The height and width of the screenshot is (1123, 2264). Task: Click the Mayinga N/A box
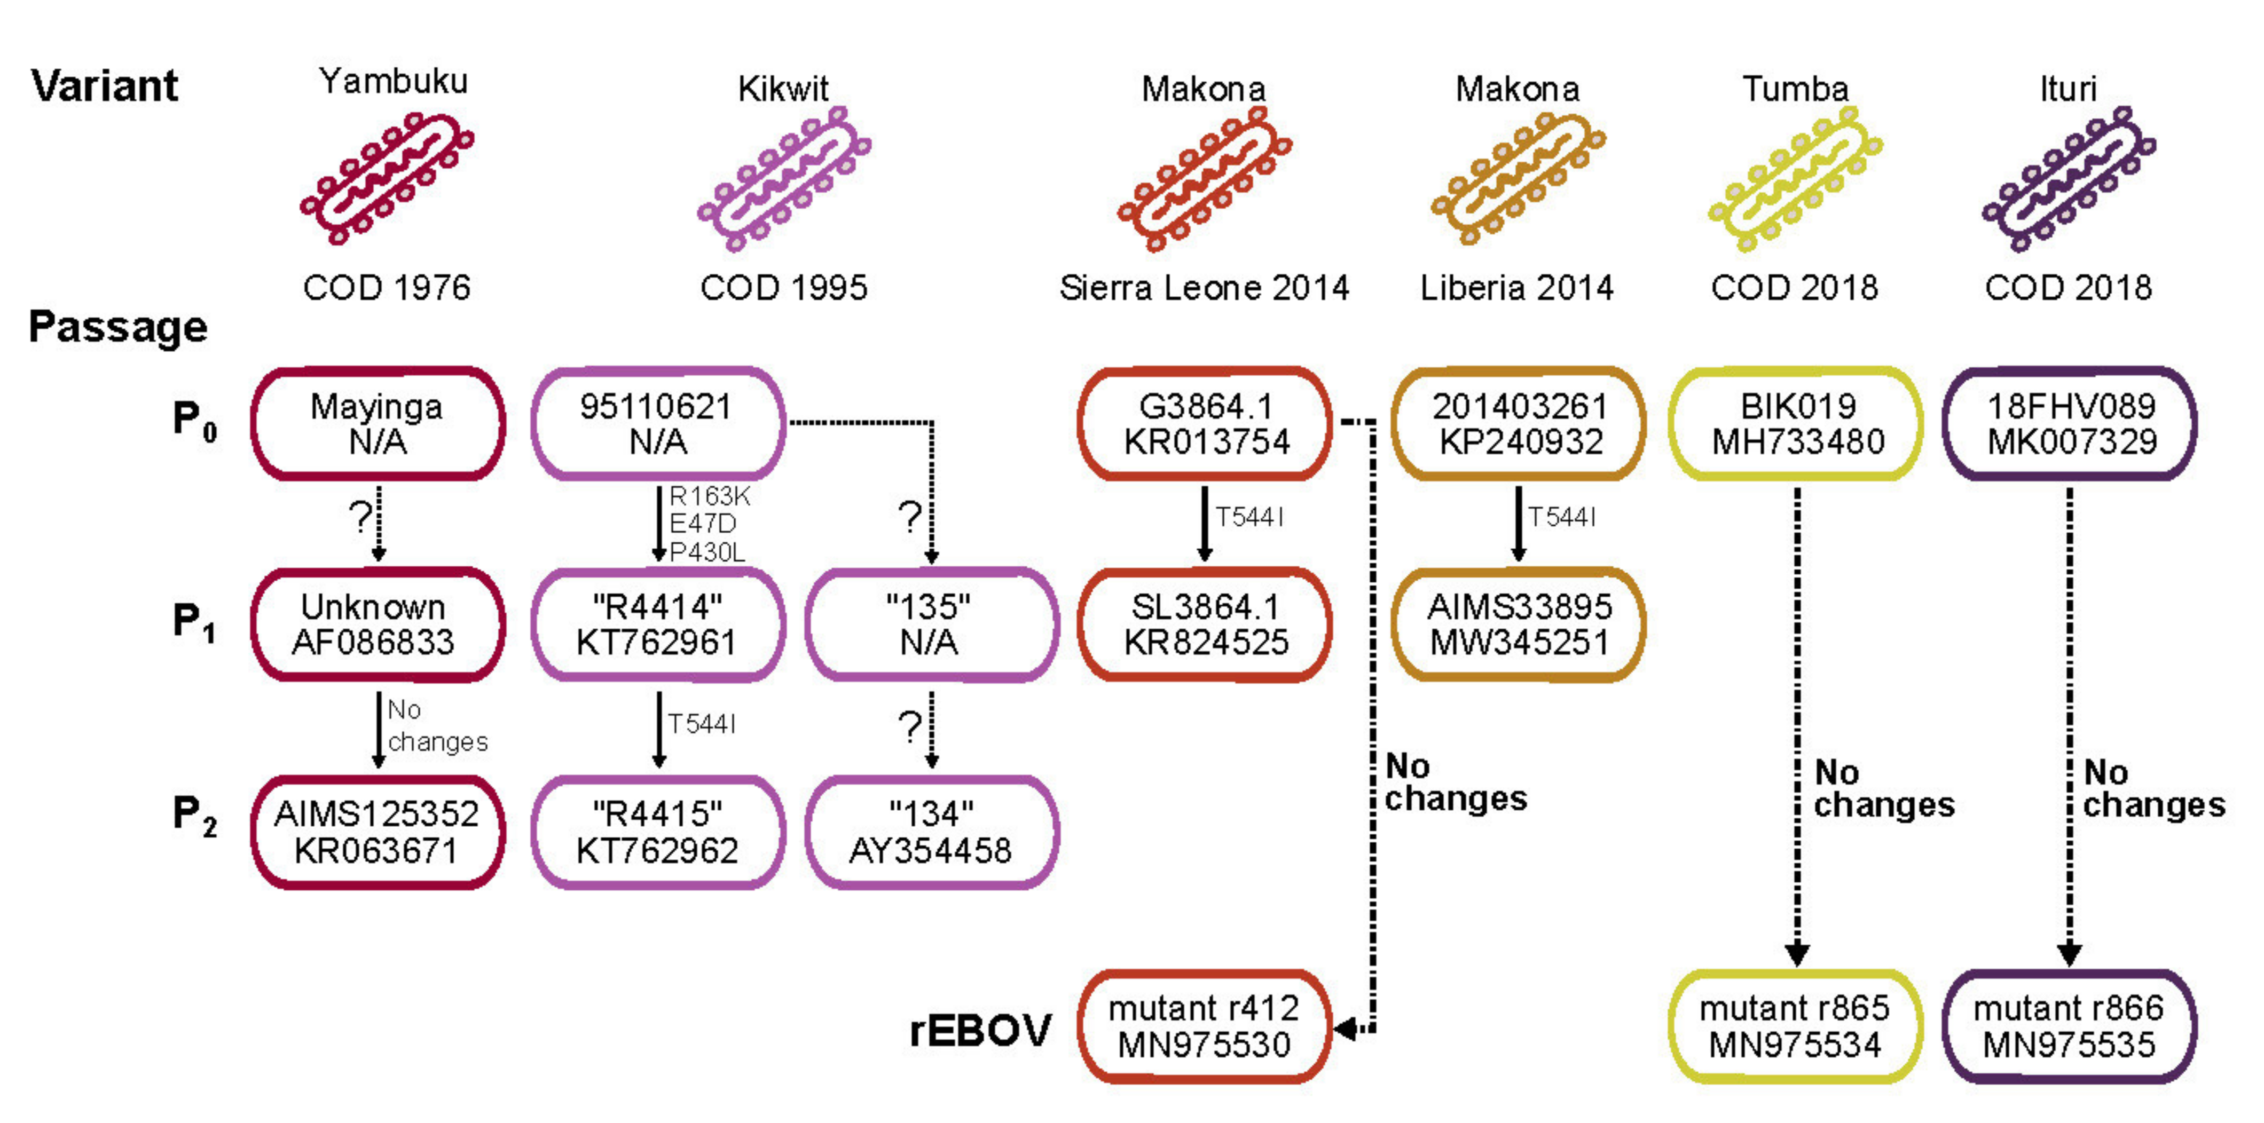(378, 424)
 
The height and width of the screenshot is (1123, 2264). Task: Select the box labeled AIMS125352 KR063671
(378, 832)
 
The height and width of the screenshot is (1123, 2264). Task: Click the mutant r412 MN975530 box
(1204, 1026)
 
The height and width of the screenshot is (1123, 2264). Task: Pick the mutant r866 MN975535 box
(2069, 1026)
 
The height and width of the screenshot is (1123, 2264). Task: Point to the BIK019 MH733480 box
(1796, 424)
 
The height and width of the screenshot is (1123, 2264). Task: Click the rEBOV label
(980, 1031)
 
